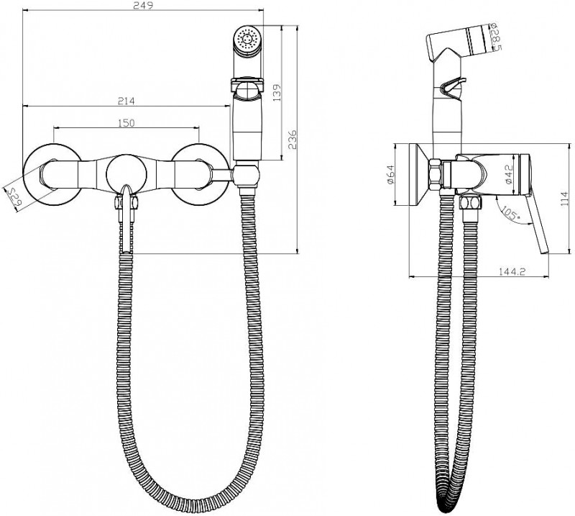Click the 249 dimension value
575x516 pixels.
[143, 5]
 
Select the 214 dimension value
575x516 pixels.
[126, 101]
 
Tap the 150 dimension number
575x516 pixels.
[126, 122]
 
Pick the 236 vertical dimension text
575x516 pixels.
[293, 139]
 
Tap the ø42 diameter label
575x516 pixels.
[508, 174]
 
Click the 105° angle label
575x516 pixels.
[510, 213]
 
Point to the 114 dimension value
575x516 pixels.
[565, 199]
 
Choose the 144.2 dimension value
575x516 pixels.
[512, 271]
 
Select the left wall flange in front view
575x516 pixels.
[52, 174]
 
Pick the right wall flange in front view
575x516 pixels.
[198, 174]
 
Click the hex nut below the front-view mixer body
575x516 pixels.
[126, 203]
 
